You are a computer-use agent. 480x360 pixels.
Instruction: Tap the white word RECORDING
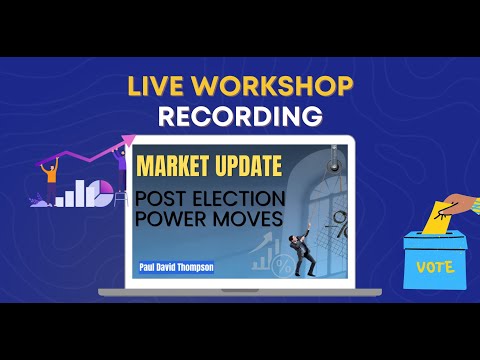241,116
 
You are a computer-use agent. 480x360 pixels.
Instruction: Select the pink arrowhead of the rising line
129,142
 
